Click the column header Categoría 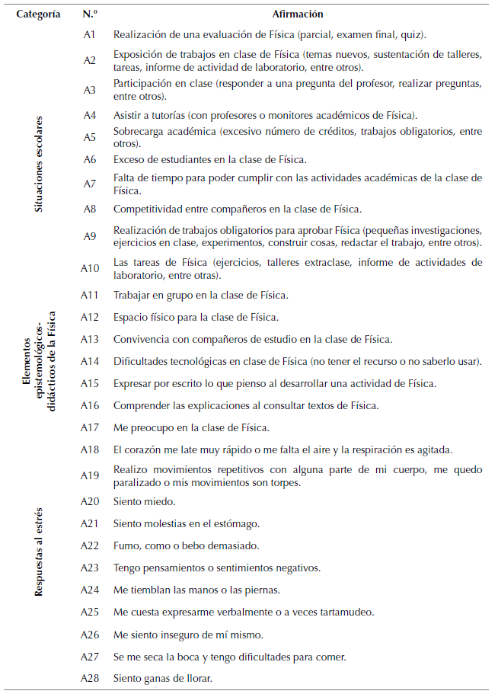39,14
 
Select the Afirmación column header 297,14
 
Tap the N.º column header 89,14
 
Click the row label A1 90,34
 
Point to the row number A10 90,267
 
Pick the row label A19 90,475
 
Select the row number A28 90,678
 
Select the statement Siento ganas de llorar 161,678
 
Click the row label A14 90,361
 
